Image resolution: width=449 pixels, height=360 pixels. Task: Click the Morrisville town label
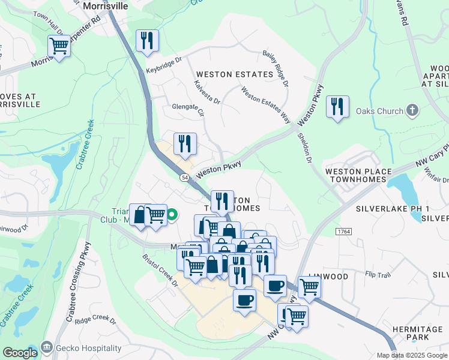[106, 5]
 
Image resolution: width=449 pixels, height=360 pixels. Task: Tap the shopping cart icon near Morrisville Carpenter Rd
[59, 46]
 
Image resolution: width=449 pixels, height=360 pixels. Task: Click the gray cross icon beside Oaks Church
[412, 110]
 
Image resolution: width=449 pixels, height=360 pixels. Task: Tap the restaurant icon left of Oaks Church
[338, 107]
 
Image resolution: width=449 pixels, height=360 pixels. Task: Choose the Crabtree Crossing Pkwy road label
[78, 282]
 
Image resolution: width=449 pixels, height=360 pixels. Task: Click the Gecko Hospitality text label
[88, 348]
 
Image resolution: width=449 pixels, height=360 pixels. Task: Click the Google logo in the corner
[20, 353]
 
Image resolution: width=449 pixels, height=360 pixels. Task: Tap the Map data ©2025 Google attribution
[412, 355]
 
